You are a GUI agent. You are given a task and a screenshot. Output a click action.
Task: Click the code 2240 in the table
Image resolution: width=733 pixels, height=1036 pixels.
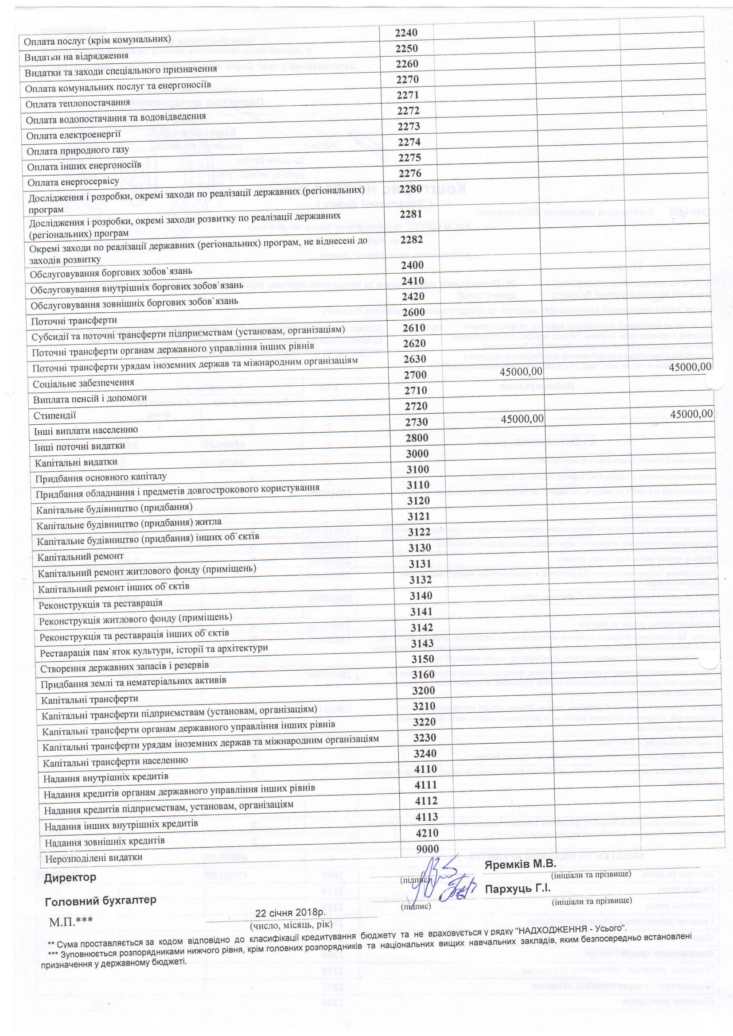406,32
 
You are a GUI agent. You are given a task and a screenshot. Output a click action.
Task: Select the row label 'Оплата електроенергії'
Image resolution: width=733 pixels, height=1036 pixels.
74,135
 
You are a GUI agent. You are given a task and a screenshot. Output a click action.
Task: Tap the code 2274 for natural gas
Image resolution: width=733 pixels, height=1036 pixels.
409,142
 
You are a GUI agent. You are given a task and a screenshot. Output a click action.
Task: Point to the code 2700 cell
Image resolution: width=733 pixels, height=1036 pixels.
415,375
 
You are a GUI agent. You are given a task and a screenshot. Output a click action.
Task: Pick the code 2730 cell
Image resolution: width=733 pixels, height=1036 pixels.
416,422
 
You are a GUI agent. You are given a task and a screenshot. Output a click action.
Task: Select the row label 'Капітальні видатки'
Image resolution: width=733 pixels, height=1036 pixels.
76,462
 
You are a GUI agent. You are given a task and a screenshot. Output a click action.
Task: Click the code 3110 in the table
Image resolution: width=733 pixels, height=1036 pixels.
418,485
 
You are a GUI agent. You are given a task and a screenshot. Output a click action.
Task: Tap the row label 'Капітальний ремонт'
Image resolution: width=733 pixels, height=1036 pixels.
80,557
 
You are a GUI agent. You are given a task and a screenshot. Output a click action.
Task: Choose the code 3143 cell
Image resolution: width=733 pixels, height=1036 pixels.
422,643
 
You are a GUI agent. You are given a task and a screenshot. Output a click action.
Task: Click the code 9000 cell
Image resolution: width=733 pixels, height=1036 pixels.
427,849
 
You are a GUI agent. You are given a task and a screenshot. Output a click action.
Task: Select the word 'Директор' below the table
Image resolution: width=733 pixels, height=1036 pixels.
70,877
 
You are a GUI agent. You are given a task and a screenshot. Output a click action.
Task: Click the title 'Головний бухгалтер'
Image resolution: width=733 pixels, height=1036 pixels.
100,900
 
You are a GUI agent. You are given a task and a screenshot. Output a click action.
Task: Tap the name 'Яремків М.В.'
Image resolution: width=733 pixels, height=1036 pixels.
519,864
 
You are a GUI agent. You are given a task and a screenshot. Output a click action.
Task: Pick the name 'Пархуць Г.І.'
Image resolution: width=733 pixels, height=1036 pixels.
518,889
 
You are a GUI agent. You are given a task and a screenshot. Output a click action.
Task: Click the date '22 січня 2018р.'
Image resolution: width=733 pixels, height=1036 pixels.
290,912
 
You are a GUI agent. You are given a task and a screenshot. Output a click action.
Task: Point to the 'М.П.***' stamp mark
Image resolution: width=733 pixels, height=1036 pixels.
71,921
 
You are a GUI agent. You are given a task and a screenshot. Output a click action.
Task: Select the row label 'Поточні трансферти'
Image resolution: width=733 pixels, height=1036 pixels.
74,321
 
